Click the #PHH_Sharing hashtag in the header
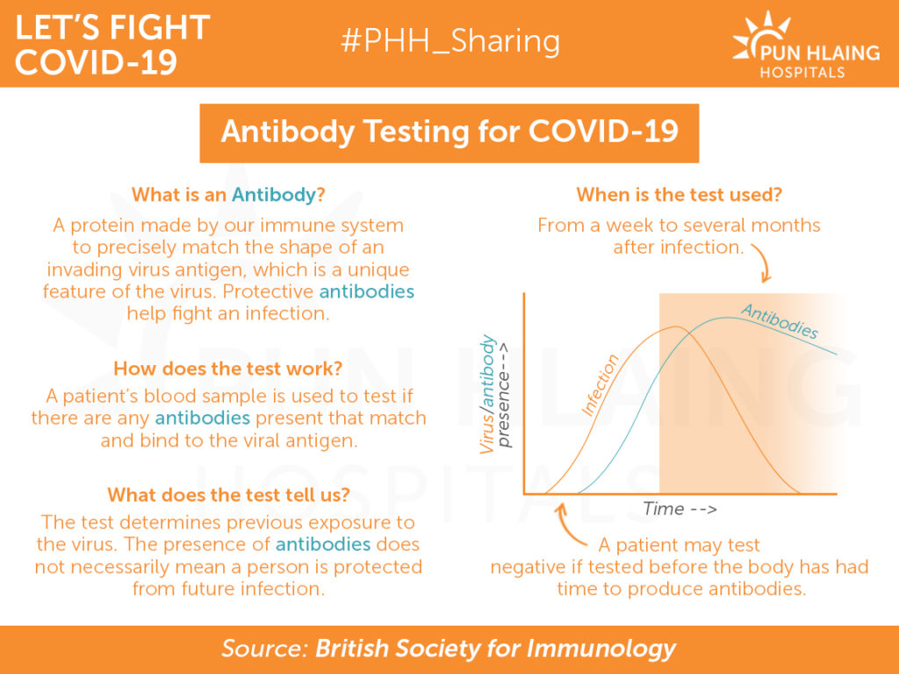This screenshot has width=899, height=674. coord(450,41)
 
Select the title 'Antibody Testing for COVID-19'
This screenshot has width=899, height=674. coord(449,132)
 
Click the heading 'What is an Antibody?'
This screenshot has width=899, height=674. coord(228,195)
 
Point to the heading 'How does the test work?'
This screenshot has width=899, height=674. coord(228,368)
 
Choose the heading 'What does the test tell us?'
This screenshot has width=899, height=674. coord(228,494)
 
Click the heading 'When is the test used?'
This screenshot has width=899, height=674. coord(679,195)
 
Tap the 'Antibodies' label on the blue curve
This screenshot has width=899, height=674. coord(780,321)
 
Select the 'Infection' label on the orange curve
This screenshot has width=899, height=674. coord(600,384)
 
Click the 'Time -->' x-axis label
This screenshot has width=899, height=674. coord(680,508)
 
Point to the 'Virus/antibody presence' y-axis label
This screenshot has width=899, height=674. coord(494,394)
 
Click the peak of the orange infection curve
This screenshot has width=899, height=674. coord(676,326)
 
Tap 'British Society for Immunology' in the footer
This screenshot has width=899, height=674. coord(495,649)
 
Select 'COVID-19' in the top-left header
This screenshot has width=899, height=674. coord(96,62)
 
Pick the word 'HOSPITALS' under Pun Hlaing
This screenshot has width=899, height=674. coord(802,72)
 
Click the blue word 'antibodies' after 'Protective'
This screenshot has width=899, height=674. coord(367,291)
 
